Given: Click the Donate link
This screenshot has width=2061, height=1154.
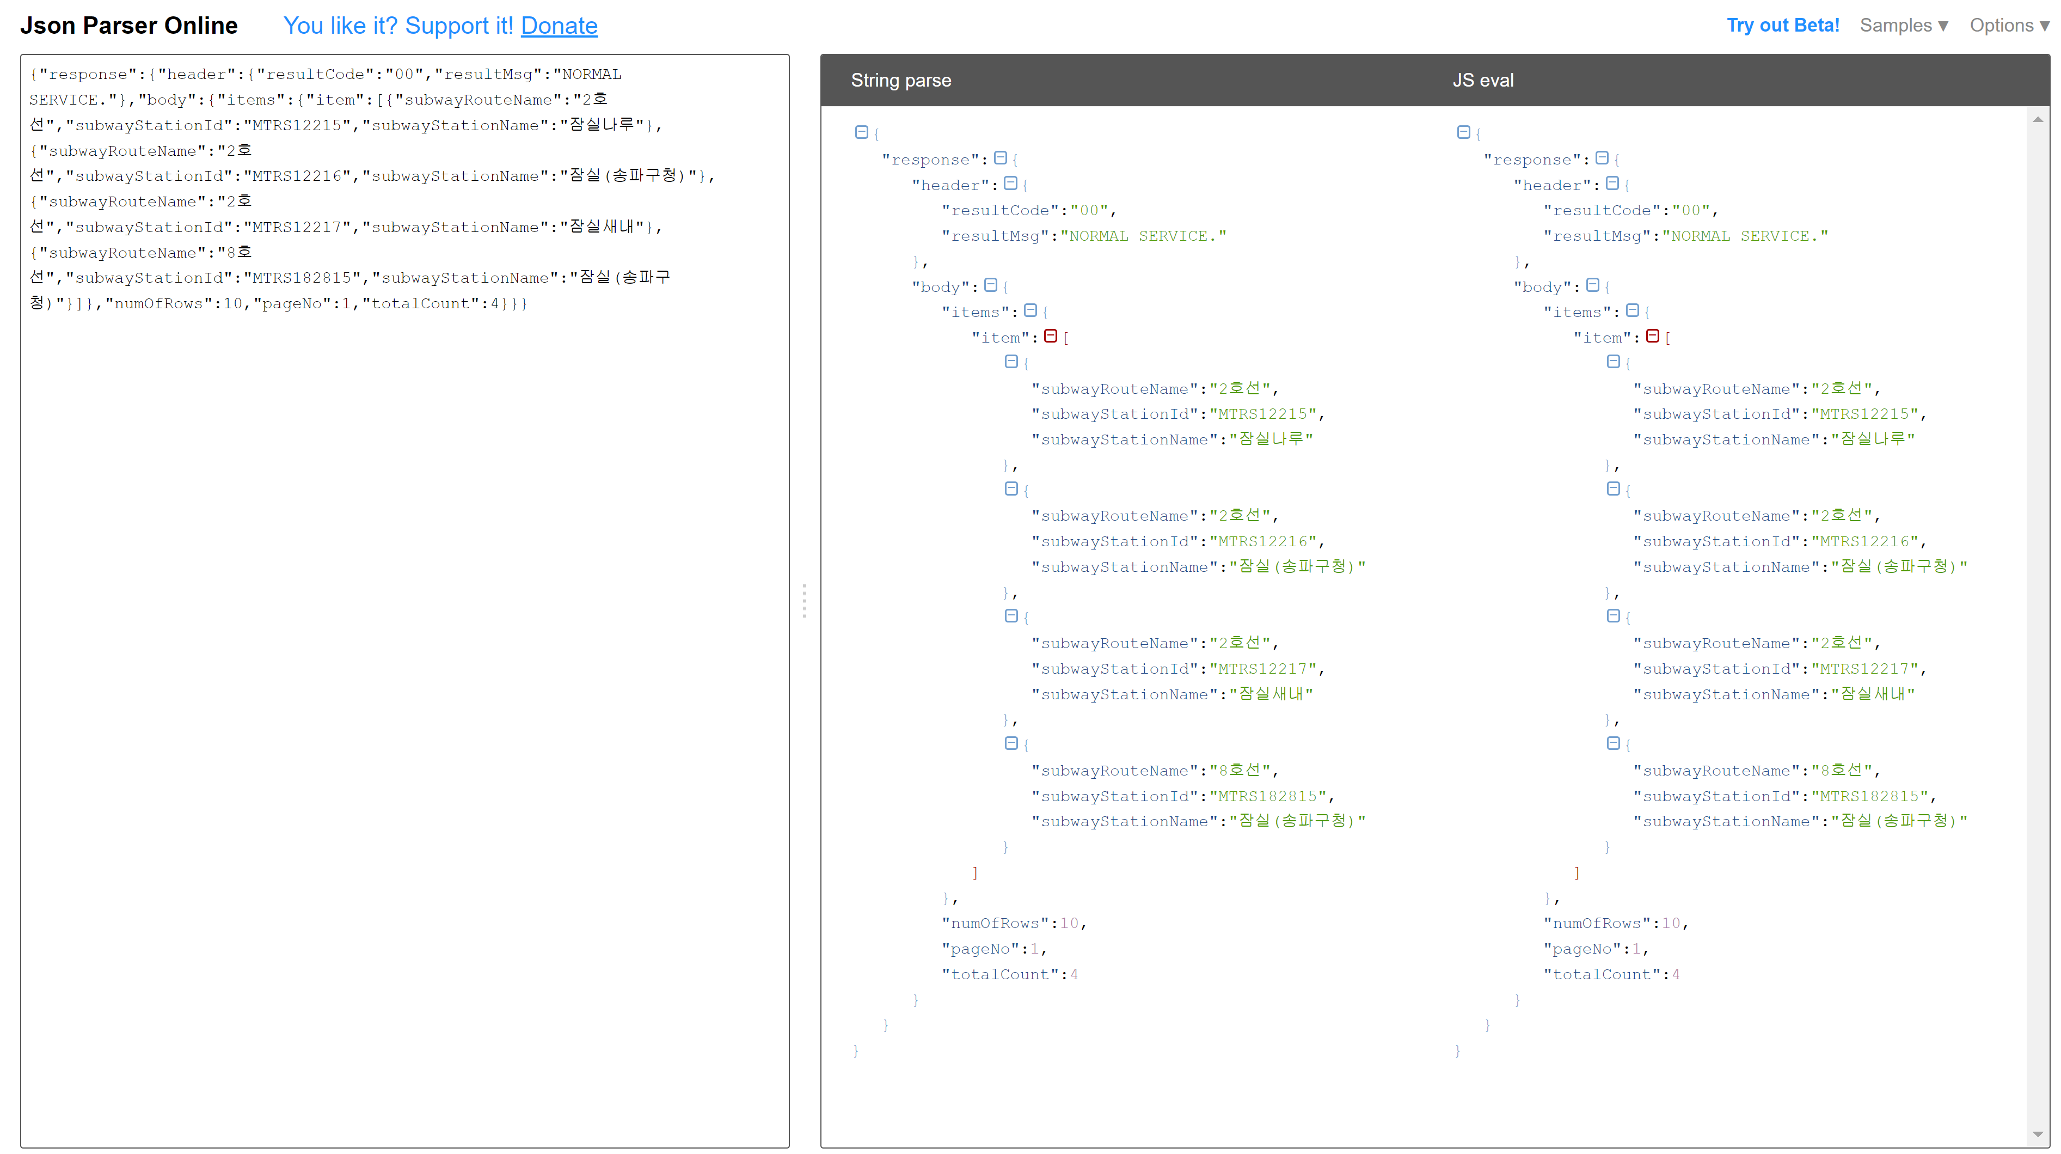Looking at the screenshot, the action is point(559,26).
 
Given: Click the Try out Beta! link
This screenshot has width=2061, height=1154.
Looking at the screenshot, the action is point(1783,26).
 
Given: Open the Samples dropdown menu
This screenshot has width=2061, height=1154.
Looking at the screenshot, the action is point(1903,26).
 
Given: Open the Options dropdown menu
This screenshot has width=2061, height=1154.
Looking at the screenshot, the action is point(2009,26).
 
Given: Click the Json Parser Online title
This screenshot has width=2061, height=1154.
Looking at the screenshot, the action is point(129,26).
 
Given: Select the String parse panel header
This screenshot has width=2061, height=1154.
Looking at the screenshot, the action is point(901,80).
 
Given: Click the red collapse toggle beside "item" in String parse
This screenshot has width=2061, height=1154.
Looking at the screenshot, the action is point(1051,336).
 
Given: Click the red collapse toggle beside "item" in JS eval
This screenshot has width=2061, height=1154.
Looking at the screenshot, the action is point(1652,336).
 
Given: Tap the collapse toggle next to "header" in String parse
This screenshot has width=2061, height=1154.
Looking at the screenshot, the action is point(1010,184).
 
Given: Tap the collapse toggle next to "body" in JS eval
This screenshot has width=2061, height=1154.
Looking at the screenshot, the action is point(1592,285).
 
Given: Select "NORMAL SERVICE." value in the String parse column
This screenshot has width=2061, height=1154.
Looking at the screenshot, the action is point(1143,236).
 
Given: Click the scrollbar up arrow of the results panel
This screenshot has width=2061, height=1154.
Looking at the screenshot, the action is point(2037,119).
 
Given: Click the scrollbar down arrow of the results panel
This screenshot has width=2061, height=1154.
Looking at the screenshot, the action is point(2037,1134).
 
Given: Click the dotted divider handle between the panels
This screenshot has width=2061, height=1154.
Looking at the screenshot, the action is point(804,600).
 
